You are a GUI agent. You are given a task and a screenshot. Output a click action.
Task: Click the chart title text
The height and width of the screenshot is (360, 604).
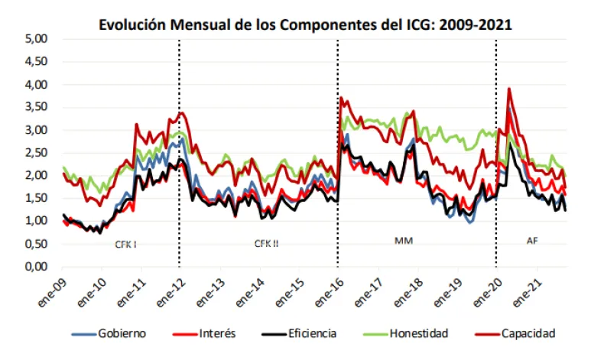(x=305, y=24)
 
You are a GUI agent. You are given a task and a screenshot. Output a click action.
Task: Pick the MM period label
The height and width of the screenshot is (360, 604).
(x=403, y=241)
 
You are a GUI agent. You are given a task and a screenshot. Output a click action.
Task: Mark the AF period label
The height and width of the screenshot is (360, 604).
(x=532, y=241)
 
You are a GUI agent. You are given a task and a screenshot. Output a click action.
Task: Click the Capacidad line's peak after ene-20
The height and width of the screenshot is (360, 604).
(x=509, y=89)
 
